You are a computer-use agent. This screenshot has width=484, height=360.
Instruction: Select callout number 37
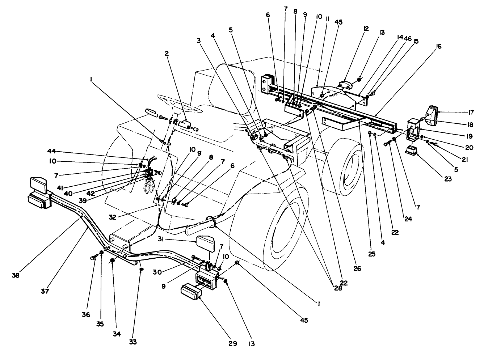click(45, 291)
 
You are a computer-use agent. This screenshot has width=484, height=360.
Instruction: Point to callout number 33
click(133, 342)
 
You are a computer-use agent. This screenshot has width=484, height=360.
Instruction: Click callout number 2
click(167, 54)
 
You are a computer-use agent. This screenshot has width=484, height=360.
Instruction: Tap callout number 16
click(439, 47)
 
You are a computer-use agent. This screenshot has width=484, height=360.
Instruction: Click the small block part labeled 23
click(411, 151)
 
